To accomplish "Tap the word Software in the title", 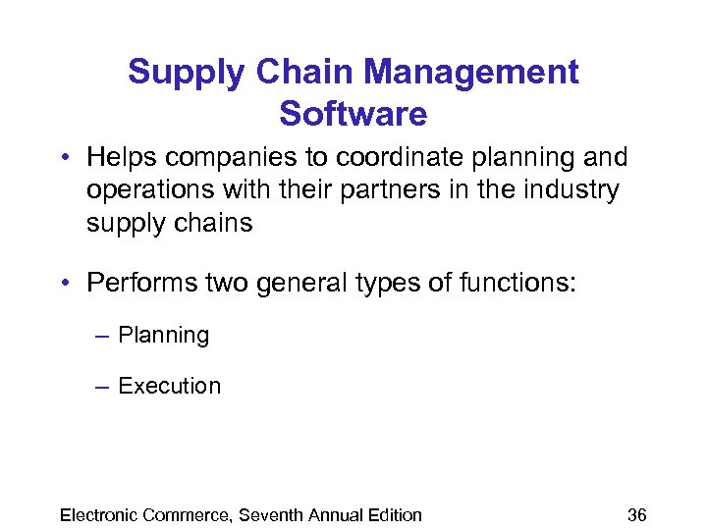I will [353, 114].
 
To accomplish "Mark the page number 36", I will [637, 514].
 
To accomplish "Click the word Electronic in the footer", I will [101, 514].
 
